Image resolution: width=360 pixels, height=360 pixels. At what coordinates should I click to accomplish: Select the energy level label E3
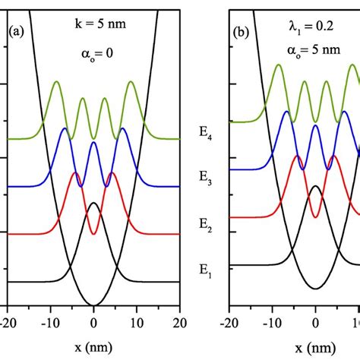(x=206, y=179)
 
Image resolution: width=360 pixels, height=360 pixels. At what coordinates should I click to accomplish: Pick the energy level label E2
(x=206, y=224)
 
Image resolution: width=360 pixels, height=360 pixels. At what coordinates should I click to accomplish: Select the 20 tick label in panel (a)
(x=179, y=321)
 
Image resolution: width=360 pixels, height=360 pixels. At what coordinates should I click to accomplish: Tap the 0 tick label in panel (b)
(x=315, y=321)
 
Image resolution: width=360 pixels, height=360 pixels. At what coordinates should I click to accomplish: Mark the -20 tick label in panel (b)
(x=229, y=321)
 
